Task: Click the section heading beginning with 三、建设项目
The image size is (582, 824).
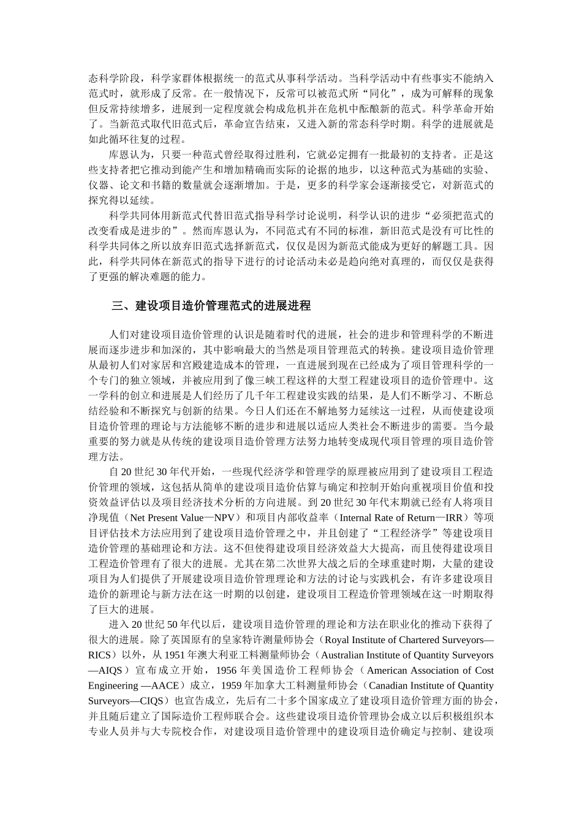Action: [211, 305]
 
